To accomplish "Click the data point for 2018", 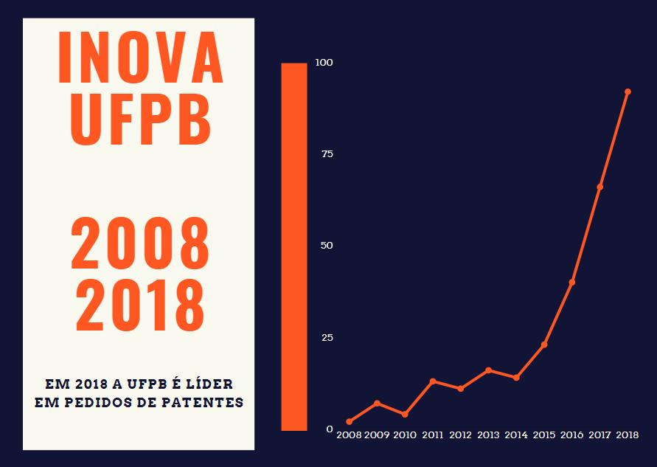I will pyautogui.click(x=628, y=91).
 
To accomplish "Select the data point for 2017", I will pyautogui.click(x=599, y=187).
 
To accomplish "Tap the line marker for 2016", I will pyautogui.click(x=571, y=282).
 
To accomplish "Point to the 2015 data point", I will pyautogui.click(x=544, y=345).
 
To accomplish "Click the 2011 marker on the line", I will pyautogui.click(x=433, y=381).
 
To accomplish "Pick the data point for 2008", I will pyautogui.click(x=349, y=421).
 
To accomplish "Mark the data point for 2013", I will pyautogui.click(x=488, y=370).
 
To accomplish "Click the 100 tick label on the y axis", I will pyautogui.click(x=324, y=62).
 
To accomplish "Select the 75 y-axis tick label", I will pyautogui.click(x=327, y=153).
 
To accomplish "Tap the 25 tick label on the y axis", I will pyautogui.click(x=327, y=337).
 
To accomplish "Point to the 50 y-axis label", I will pyautogui.click(x=327, y=245).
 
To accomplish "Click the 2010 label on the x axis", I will pyautogui.click(x=405, y=435).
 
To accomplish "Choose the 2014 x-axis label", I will pyautogui.click(x=516, y=435).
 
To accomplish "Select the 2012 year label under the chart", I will pyautogui.click(x=460, y=435).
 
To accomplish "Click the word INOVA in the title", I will pyautogui.click(x=139, y=58).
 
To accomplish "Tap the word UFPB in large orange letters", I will pyautogui.click(x=139, y=117).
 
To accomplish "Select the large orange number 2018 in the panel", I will pyautogui.click(x=139, y=303).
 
